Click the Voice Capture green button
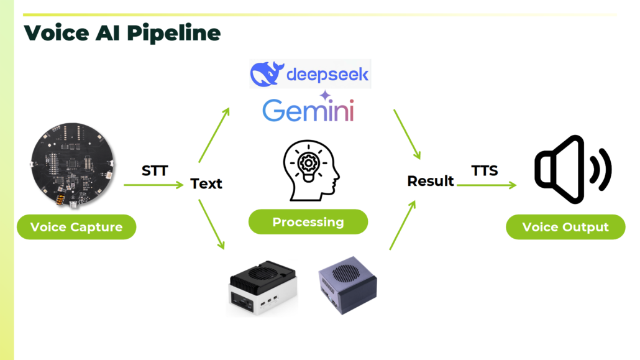click(76, 227)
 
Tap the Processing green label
click(308, 222)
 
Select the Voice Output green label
click(565, 227)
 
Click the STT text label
click(155, 170)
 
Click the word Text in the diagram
click(206, 184)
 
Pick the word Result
click(431, 181)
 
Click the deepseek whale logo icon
click(267, 74)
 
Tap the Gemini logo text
click(308, 111)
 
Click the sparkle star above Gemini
click(325, 96)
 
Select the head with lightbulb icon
click(311, 170)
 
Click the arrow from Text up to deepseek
click(214, 134)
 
